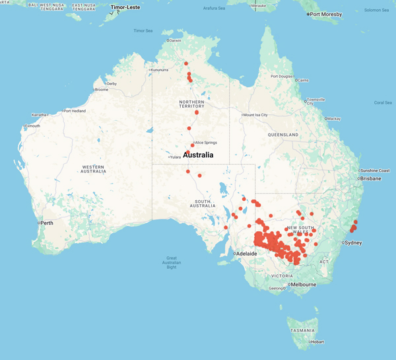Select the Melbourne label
[302, 285]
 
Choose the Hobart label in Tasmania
[317, 342]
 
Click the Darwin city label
[175, 40]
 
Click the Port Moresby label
[327, 14]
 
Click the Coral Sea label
[382, 102]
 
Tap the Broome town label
[102, 89]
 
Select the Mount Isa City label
[256, 115]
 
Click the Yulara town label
[176, 157]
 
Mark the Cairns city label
[303, 80]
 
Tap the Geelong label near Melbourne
[277, 289]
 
